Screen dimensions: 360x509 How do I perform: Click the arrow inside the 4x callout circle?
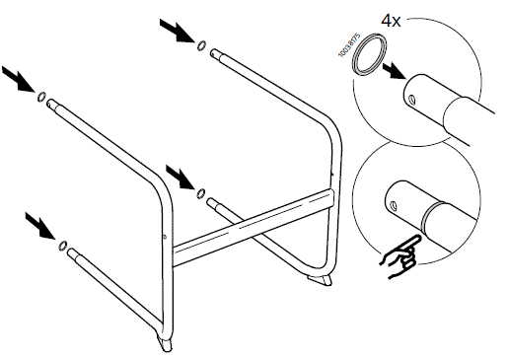[x=395, y=71]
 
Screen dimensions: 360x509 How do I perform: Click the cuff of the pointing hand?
[x=388, y=262]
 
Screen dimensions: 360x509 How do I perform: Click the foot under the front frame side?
[x=161, y=344]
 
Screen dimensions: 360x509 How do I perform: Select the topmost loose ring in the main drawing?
[x=201, y=44]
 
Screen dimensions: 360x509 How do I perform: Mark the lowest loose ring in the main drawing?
[x=63, y=245]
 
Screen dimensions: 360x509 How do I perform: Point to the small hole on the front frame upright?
[x=163, y=235]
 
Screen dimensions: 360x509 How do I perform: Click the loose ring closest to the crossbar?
[x=201, y=191]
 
